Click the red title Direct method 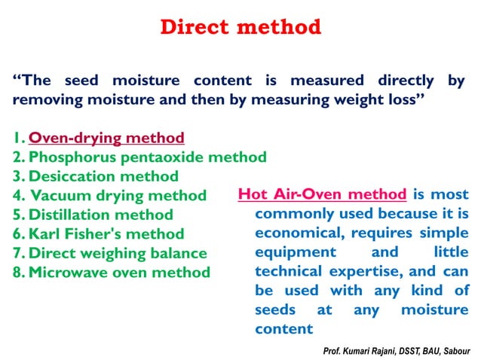coord(240,29)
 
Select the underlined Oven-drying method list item coord(106,139)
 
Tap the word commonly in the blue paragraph coord(293,215)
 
